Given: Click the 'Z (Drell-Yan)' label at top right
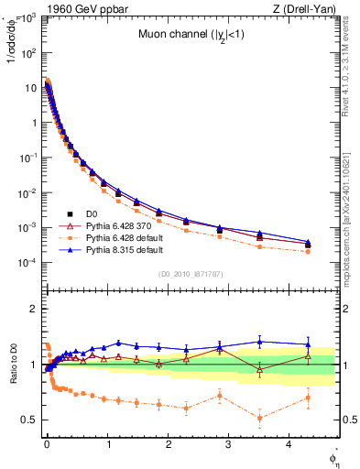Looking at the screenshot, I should click(x=307, y=8).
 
